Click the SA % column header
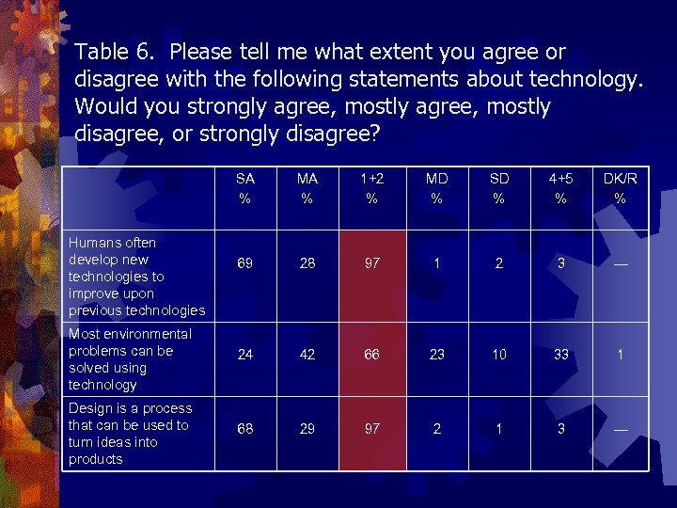coord(244,187)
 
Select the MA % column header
coord(307,187)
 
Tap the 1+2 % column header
coord(372,187)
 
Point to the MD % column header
coord(436,187)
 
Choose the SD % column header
coord(499,187)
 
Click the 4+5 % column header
coord(561,187)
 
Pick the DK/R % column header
coord(620,187)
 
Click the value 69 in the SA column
coord(244,264)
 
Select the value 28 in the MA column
coord(307,264)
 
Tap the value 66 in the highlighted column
coord(372,355)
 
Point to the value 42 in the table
coord(307,355)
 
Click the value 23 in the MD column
coord(436,355)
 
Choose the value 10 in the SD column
coord(499,355)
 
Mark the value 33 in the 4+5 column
coord(561,355)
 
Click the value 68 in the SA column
coord(244,429)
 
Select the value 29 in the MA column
coord(307,429)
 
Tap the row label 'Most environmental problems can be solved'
coord(130,358)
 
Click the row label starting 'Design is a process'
coord(130,433)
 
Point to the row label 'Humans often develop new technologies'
coord(135,276)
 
